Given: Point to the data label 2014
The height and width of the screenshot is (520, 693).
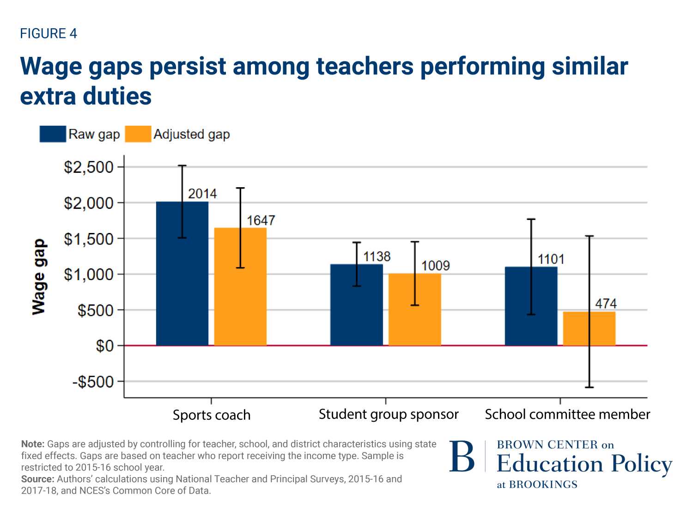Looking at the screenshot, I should click(x=202, y=194).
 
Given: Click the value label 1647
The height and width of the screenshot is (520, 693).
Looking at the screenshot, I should click(x=261, y=220).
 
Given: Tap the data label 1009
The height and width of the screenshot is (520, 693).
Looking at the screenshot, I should click(x=435, y=266).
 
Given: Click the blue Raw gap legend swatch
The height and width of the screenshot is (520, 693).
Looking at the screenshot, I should click(x=53, y=134).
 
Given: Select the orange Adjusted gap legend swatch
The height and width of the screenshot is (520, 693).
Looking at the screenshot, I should click(x=138, y=134).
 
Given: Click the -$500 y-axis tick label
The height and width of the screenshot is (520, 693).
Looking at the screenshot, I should click(x=93, y=382).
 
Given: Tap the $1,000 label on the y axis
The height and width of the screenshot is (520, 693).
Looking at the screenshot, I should click(x=89, y=275).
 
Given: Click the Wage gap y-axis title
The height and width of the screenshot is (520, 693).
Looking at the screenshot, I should click(x=39, y=277).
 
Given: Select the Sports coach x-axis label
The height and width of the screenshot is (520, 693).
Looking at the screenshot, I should click(x=212, y=415).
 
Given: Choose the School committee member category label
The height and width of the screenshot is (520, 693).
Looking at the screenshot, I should click(x=567, y=415).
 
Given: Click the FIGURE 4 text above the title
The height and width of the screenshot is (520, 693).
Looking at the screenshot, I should click(x=49, y=34).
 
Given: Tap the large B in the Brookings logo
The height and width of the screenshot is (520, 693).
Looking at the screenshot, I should click(x=462, y=457).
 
